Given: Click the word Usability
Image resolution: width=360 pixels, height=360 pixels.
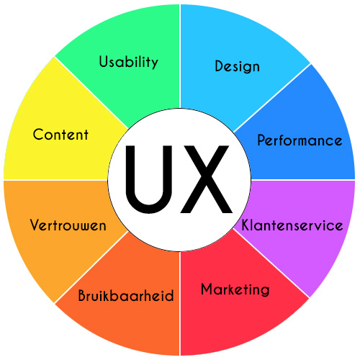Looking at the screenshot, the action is (x=129, y=63).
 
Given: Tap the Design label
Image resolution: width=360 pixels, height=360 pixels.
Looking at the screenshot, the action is (x=237, y=66).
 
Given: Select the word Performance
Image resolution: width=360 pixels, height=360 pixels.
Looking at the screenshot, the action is (x=300, y=140).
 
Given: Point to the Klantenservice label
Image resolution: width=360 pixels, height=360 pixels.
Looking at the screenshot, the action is (x=292, y=225).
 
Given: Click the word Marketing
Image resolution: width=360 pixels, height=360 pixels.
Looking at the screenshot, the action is (x=235, y=290).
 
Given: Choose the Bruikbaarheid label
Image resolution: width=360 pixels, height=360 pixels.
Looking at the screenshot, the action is (x=126, y=295).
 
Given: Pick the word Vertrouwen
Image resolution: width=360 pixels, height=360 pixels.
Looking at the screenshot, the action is (x=68, y=225).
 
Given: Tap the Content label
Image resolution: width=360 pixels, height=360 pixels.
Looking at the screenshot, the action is (x=60, y=135).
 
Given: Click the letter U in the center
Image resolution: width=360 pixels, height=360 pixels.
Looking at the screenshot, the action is (x=149, y=179).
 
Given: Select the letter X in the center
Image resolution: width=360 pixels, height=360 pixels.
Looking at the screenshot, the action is (x=206, y=179).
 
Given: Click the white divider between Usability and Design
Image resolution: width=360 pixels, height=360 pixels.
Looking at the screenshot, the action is (x=180, y=56).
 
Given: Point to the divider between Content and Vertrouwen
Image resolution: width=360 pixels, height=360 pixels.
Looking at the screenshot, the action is (x=55, y=180).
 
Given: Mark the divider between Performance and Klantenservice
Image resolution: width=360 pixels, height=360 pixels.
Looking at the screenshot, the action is (x=303, y=180).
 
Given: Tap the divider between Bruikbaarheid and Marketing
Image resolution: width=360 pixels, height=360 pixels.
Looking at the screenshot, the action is (x=180, y=303).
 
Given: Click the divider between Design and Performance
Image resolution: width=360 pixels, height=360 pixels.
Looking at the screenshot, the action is (x=272, y=98).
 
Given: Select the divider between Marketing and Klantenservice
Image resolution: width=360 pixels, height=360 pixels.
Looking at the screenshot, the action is (x=271, y=264).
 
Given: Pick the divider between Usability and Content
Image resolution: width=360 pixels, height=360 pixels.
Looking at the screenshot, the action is (x=91, y=92).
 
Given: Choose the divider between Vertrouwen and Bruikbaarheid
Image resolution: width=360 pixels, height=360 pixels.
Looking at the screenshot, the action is (x=91, y=267).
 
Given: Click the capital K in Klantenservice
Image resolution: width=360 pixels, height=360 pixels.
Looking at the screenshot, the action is (x=246, y=225).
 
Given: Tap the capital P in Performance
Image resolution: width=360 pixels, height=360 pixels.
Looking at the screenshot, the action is (x=261, y=140).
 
